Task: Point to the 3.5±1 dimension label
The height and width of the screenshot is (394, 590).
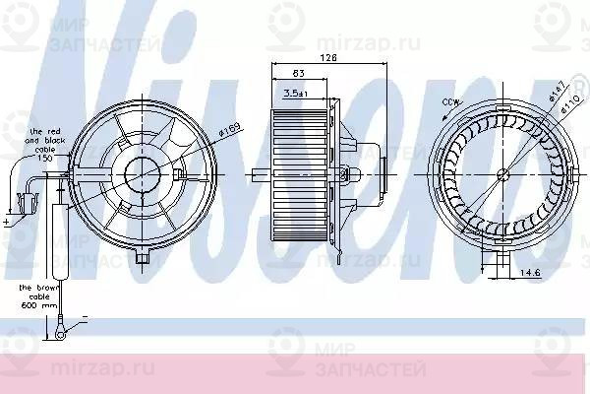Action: (294, 92)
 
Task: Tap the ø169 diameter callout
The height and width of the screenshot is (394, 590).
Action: (230, 128)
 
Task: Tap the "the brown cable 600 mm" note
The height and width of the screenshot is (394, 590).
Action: (35, 294)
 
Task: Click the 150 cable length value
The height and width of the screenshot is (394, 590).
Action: (44, 159)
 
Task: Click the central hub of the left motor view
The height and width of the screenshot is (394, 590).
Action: (144, 175)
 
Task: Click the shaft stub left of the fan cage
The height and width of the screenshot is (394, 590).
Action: (260, 177)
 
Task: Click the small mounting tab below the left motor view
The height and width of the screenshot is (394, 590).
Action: (145, 258)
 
